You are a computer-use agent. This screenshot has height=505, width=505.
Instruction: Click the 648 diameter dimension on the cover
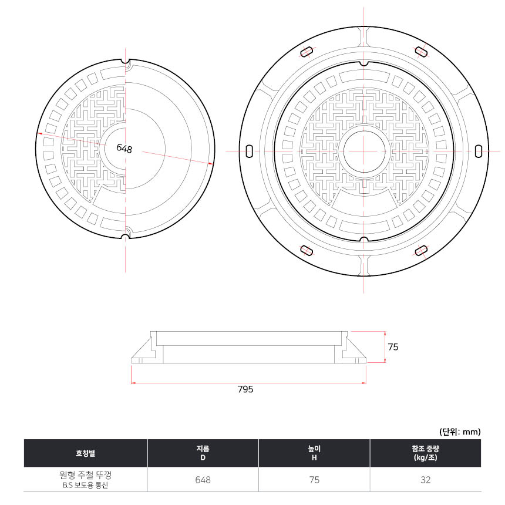[x=124, y=148]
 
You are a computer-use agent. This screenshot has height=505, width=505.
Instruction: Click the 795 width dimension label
[x=245, y=389]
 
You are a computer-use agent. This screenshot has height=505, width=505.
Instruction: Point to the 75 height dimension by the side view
[x=393, y=347]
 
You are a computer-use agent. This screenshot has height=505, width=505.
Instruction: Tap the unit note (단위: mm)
[x=460, y=432]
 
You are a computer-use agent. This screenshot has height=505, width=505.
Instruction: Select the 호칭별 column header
[x=85, y=453]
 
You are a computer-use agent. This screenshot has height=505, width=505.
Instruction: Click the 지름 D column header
[x=203, y=453]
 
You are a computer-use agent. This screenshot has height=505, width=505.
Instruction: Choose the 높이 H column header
[x=314, y=453]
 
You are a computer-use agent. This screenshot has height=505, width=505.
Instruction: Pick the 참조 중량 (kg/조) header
[x=426, y=453]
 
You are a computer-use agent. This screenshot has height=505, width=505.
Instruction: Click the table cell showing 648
[x=203, y=480]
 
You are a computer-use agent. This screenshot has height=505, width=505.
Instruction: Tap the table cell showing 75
[x=314, y=480]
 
